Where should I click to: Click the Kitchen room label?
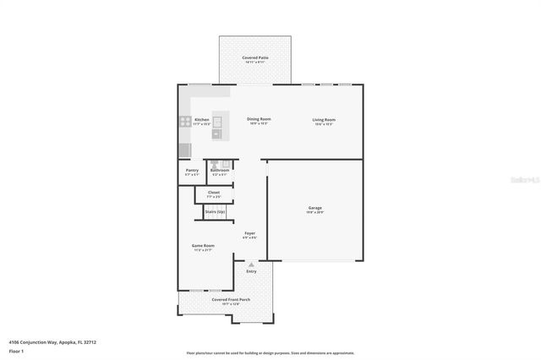[202, 120]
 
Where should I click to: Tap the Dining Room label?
[259, 119]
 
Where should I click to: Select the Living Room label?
[325, 119]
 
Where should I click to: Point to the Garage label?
[314, 208]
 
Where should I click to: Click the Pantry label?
[192, 170]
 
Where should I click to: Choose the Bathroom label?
[220, 170]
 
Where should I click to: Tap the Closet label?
[214, 192]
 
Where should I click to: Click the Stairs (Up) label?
[215, 211]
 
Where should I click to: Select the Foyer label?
[250, 233]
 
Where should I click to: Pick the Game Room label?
[203, 246]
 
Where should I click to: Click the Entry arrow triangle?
[251, 265]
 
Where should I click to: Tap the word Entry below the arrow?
[251, 271]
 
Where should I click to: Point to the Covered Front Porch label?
[231, 299]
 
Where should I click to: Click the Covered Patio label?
[255, 57]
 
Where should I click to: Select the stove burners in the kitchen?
[184, 122]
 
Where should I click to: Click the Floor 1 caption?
[17, 350]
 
